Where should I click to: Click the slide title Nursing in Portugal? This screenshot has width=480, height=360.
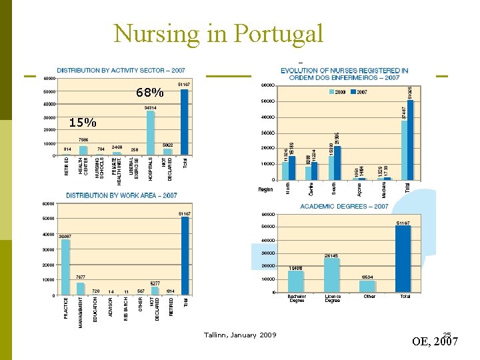click(219, 33)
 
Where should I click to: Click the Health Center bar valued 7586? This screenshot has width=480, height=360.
click(83, 150)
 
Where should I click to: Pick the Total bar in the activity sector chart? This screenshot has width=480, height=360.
click(185, 122)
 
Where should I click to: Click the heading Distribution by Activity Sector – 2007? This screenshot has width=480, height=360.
click(121, 70)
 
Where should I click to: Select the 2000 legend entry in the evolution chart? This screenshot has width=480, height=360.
click(337, 92)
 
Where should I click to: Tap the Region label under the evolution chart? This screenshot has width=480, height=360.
click(266, 189)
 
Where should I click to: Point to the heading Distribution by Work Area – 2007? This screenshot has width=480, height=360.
click(121, 195)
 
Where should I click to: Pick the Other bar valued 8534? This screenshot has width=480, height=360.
click(368, 287)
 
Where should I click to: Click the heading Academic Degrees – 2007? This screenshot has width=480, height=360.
click(344, 207)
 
